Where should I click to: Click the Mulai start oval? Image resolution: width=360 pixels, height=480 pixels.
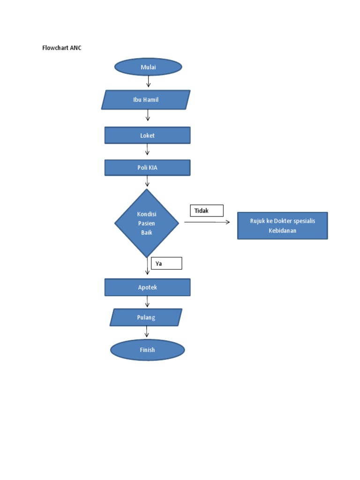point(148,67)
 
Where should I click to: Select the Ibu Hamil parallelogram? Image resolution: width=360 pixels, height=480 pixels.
point(146,100)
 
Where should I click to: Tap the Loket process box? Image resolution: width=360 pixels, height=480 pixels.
point(147,135)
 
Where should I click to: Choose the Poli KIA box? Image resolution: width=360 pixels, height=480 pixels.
point(147,168)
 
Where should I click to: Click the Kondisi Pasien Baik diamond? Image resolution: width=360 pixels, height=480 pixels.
point(147,223)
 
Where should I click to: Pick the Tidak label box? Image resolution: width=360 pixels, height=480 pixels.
point(207,211)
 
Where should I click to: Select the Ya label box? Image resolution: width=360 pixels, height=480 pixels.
point(166,263)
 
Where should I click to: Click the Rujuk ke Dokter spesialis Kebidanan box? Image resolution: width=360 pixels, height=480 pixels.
point(282,225)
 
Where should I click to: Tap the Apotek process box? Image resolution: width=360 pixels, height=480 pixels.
point(147,287)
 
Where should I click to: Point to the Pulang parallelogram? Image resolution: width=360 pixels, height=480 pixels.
point(146,317)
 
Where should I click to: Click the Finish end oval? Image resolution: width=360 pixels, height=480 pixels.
point(147,350)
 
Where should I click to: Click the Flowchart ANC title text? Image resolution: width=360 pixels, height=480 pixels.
point(62,48)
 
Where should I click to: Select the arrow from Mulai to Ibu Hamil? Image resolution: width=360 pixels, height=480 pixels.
point(149,82)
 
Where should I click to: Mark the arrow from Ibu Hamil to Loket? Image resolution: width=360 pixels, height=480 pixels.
point(148,116)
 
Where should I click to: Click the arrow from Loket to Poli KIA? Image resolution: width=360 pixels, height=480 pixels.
point(147,150)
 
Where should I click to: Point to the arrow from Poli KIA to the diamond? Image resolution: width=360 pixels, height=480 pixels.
point(147,181)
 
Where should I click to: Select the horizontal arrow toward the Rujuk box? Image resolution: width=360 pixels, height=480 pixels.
point(207,222)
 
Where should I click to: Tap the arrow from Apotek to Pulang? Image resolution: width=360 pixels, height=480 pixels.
point(147,301)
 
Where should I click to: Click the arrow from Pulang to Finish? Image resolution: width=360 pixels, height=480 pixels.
point(147,332)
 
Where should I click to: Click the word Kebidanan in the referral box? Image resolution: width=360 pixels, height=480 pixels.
point(282,231)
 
